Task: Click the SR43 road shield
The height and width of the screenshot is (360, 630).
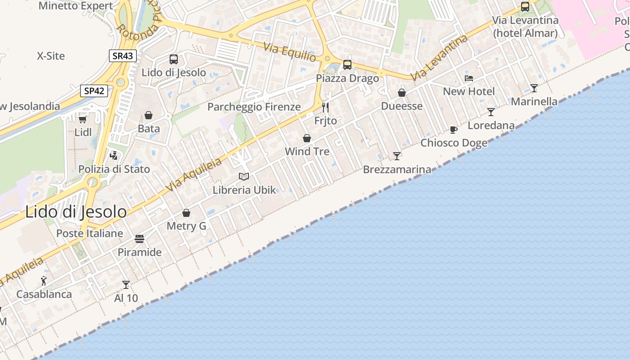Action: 122,56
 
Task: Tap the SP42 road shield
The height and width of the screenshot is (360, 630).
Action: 94,91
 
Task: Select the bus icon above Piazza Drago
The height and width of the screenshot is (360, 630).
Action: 347,65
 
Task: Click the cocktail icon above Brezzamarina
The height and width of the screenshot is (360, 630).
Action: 396,156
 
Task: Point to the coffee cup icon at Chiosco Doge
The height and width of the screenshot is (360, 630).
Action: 454,130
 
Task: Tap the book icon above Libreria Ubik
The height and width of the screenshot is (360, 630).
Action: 244,176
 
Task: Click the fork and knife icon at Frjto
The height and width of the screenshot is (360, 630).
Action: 325,108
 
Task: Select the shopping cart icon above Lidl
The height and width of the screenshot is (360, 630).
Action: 83,119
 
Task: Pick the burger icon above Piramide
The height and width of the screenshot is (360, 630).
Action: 139,238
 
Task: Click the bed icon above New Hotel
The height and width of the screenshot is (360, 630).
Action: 468,78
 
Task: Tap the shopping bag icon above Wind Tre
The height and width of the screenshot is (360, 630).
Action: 307,138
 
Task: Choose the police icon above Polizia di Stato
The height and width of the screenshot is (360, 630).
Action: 114,156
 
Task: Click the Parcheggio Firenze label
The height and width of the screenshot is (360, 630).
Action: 254,107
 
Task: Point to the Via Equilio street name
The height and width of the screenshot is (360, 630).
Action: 290,52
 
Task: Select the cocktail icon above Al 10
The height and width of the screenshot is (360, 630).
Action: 126,285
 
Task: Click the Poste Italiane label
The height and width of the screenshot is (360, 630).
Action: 90,233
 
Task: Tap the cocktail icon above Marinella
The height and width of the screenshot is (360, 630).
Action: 534,88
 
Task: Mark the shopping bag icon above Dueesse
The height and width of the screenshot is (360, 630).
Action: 402,93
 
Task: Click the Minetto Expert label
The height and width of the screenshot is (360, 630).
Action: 76,6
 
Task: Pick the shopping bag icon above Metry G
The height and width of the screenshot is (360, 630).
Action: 186,213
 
